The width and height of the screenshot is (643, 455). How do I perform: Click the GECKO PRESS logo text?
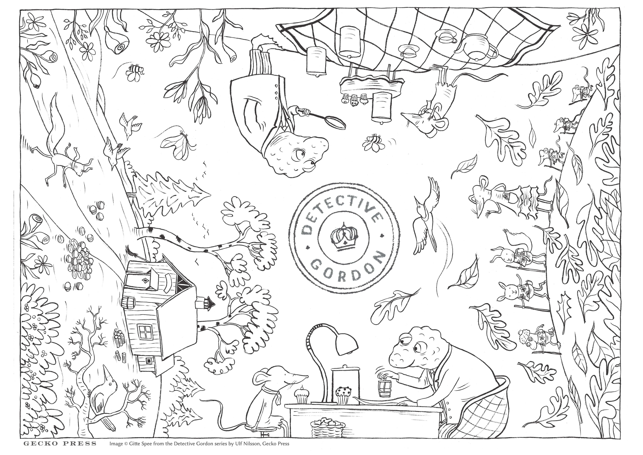[60, 443]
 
